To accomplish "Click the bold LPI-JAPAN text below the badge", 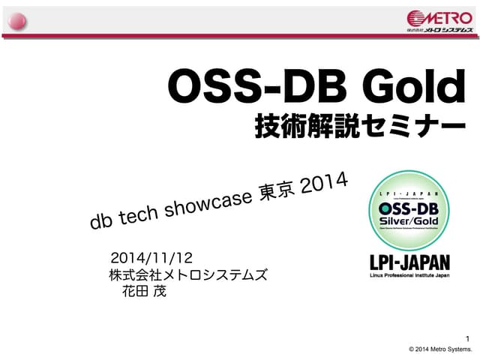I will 410,262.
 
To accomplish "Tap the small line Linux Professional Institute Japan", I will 410,276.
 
